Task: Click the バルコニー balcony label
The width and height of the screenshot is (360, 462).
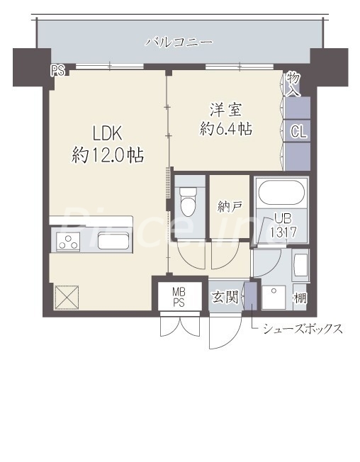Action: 179,42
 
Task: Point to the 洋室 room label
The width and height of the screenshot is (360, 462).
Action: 225,110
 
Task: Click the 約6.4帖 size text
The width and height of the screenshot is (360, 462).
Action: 225,130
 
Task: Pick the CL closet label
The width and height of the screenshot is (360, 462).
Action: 298,131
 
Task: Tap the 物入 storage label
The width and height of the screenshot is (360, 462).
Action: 293,83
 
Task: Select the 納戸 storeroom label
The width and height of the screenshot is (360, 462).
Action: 230,207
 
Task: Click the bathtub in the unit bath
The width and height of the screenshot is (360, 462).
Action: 281,193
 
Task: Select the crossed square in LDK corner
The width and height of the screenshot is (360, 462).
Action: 67,297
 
